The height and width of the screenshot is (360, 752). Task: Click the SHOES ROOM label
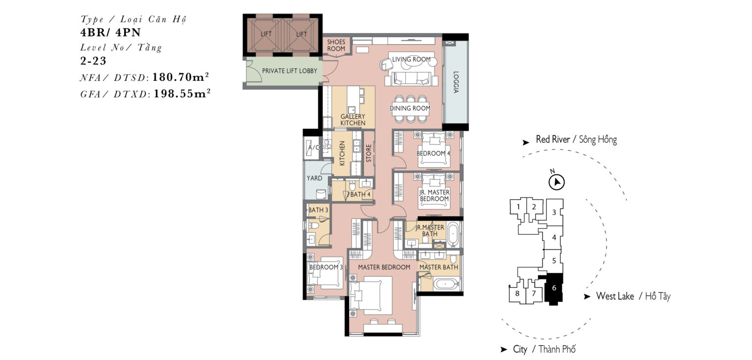coord(336,46)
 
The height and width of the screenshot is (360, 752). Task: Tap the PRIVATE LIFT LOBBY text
coord(289,71)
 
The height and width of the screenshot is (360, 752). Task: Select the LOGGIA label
coord(456,82)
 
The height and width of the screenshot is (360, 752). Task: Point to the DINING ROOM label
coord(410,108)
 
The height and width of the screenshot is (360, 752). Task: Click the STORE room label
coord(369,153)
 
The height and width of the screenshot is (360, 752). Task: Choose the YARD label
coord(314,178)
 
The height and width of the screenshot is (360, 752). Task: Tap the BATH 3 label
coord(318,210)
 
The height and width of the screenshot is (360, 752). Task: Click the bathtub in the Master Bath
coord(446,285)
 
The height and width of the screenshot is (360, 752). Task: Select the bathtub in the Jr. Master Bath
coord(453,233)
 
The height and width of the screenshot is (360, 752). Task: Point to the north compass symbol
coord(556,182)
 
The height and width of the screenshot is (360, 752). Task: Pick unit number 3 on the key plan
coord(554,212)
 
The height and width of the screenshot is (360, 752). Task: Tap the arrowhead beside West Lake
coord(587,296)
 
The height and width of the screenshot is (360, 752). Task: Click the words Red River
coord(553,139)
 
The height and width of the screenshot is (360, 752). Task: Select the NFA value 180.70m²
coord(181,77)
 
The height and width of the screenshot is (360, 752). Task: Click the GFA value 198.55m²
coord(182,94)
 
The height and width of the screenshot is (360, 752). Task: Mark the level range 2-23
coord(94,61)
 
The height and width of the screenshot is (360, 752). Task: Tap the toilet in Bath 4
coord(352,185)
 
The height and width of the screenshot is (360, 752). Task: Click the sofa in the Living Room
coord(412,78)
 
